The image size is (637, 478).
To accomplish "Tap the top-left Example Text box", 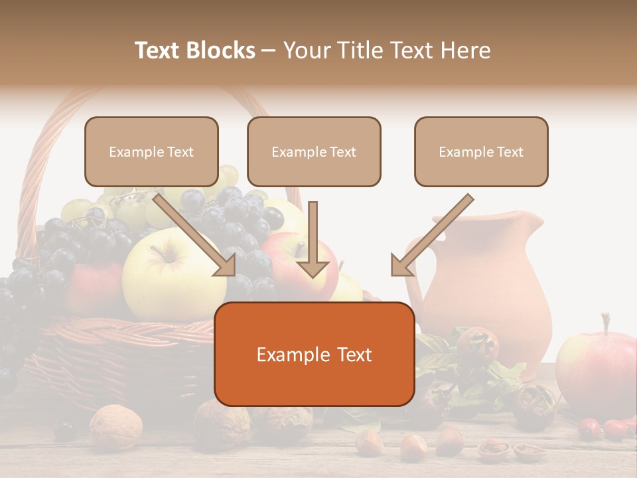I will [151, 151].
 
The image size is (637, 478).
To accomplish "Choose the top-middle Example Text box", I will [314, 151].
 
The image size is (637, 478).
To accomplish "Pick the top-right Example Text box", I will [481, 151].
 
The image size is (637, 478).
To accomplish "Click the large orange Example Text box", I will [314, 354].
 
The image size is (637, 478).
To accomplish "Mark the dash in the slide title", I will [269, 50].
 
